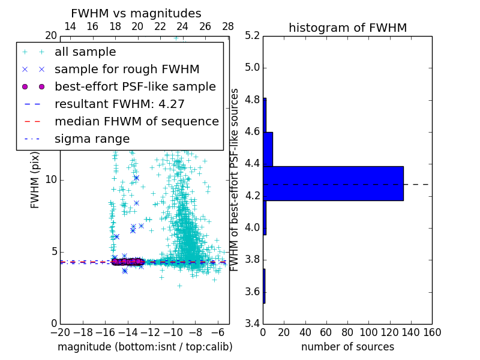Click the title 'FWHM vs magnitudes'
click(x=136, y=13)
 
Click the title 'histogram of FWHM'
click(x=347, y=28)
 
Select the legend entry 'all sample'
click(x=85, y=52)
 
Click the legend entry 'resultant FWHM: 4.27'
click(x=119, y=104)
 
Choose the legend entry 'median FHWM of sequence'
click(x=136, y=122)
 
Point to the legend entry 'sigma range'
click(x=92, y=139)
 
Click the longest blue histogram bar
click(x=333, y=184)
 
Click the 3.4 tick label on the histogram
click(x=253, y=324)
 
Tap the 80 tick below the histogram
click(x=347, y=332)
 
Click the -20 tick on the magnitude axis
click(x=60, y=332)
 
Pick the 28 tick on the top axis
click(x=228, y=26)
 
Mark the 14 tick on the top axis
click(x=70, y=26)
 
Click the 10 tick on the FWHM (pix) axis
click(x=50, y=179)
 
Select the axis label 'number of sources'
click(x=347, y=347)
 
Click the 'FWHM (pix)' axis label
click(x=35, y=179)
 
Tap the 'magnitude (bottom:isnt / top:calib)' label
click(x=145, y=347)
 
